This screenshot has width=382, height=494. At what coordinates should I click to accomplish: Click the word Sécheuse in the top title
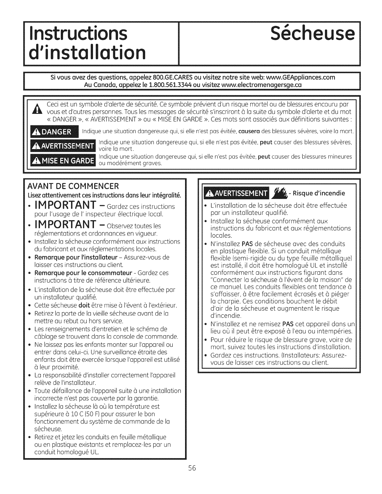(312, 35)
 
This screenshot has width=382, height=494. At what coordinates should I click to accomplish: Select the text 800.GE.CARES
(169, 78)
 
